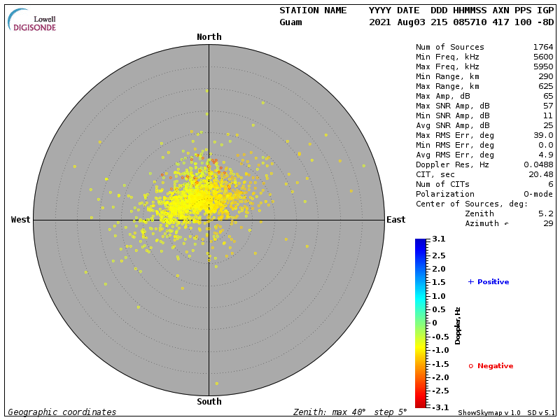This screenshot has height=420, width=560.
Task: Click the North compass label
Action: point(209,37)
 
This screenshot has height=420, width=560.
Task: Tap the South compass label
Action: point(209,402)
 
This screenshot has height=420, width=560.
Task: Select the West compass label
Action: point(21,220)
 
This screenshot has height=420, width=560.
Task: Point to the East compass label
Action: point(396,220)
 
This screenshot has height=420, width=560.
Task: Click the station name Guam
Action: point(290,22)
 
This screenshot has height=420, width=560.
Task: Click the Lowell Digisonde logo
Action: point(32,20)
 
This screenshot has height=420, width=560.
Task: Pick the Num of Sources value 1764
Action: point(543,47)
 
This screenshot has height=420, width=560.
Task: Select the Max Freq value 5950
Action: point(543,66)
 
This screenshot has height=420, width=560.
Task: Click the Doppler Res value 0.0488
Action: point(538,164)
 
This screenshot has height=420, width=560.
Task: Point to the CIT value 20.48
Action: point(540,174)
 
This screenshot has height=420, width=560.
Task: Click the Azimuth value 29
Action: point(548,223)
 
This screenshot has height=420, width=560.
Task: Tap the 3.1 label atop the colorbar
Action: point(439,239)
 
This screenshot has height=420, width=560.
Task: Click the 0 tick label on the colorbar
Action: point(434,323)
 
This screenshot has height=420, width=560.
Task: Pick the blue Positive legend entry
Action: point(488,282)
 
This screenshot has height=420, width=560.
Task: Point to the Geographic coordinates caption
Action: point(62,412)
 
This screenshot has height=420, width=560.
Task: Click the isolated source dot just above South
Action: point(216,384)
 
